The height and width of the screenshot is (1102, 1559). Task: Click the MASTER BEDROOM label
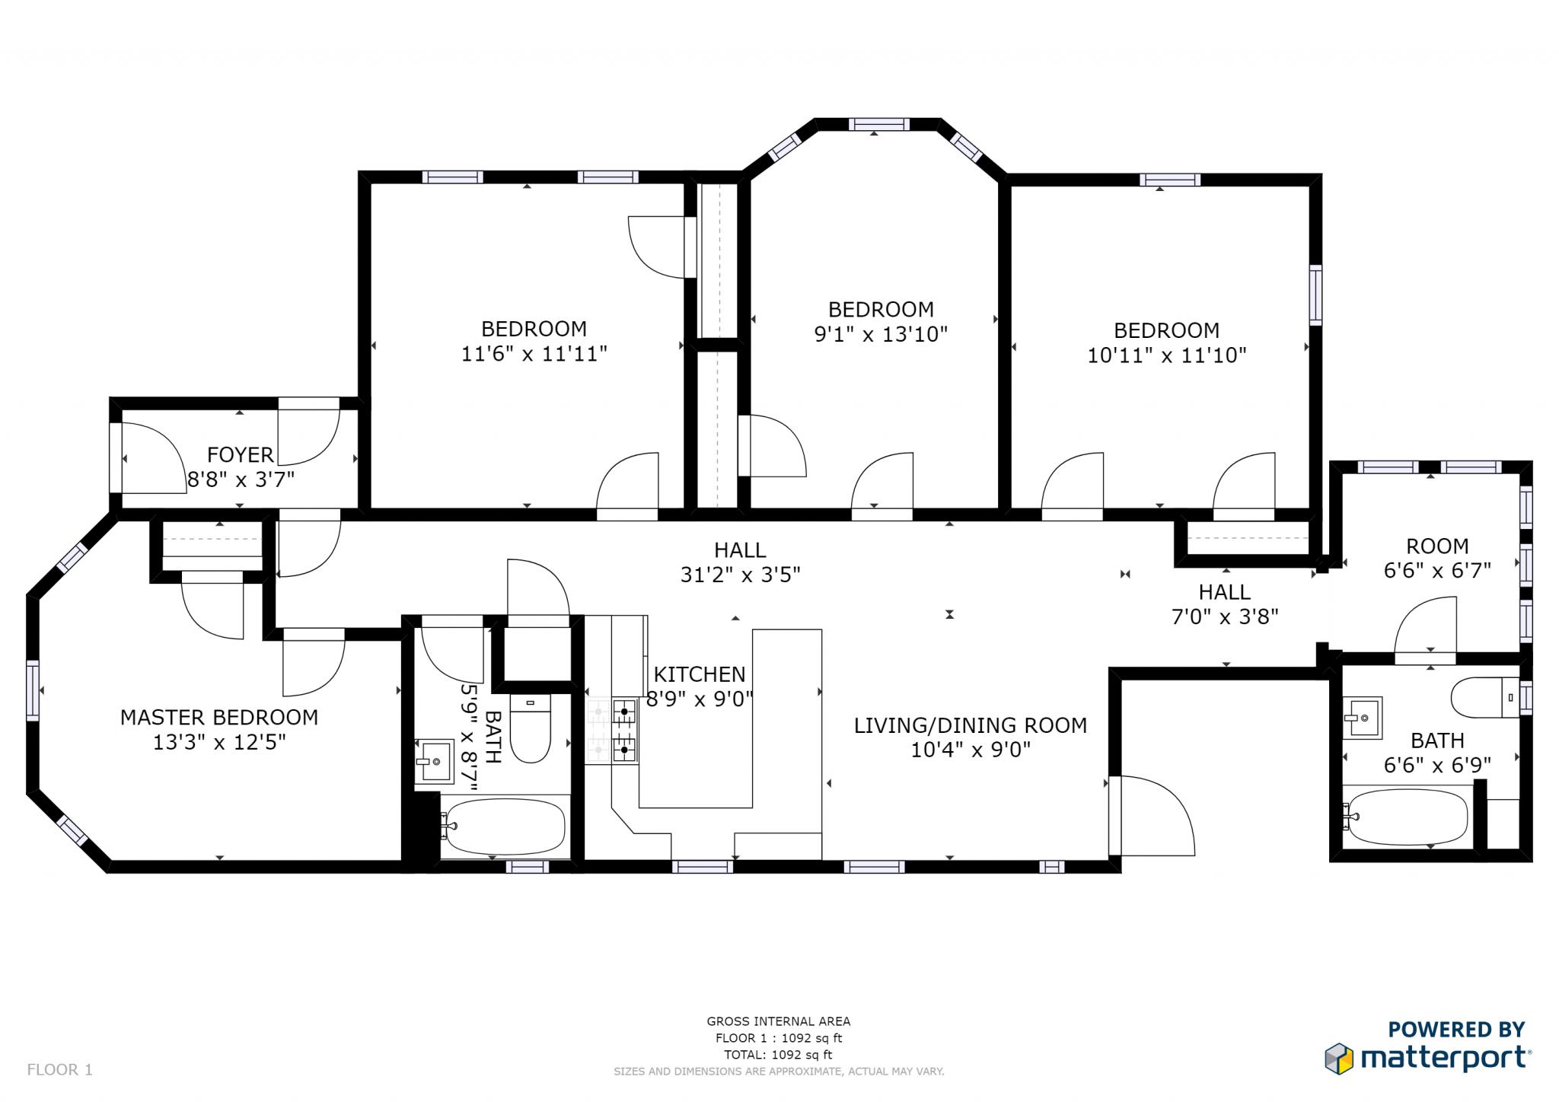219,718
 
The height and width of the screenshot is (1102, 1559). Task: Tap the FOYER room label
240,455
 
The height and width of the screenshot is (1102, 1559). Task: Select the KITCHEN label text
700,675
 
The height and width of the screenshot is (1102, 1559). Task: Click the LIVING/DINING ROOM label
970,726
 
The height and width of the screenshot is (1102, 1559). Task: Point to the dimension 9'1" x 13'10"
881,335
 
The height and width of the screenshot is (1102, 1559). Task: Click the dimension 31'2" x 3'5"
740,575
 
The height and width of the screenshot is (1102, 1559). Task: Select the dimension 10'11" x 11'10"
1166,355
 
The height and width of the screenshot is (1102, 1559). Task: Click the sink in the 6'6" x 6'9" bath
1362,718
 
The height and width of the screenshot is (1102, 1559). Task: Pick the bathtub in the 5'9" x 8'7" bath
504,826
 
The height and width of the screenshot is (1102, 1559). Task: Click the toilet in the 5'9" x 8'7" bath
530,728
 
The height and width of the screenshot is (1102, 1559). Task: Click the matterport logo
1427,1059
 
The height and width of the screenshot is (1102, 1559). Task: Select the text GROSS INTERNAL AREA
778,1022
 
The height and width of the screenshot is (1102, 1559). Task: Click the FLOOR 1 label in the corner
59,1070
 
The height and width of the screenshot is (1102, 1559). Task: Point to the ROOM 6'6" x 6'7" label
1436,558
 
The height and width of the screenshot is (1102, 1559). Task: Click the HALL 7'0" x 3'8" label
1224,604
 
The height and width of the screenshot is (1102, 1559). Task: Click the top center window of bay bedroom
878,124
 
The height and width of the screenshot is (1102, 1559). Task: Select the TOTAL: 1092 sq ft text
778,1055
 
